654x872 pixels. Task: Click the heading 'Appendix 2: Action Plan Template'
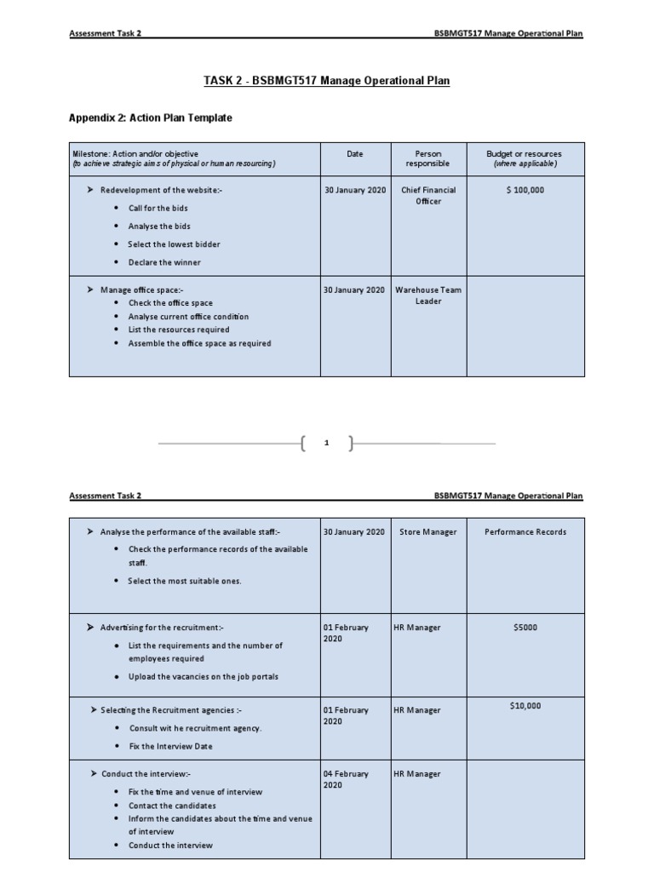click(x=150, y=118)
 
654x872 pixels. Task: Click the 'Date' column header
click(x=354, y=154)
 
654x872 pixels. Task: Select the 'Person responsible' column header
click(x=428, y=158)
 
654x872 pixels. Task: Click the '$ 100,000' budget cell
click(x=525, y=190)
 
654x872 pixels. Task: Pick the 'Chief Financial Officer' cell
click(x=428, y=195)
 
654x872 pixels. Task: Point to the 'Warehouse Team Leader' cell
click(x=428, y=295)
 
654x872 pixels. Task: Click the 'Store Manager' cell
click(x=428, y=532)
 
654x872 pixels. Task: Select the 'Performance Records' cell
click(x=525, y=532)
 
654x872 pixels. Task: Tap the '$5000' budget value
click(x=525, y=628)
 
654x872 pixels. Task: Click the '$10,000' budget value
click(x=525, y=706)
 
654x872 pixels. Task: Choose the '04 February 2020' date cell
click(x=346, y=779)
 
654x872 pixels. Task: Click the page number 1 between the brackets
click(x=327, y=443)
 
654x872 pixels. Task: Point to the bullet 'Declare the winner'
click(x=164, y=262)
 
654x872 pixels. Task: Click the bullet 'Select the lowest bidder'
click(x=174, y=244)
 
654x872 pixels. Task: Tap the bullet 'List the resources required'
click(x=179, y=330)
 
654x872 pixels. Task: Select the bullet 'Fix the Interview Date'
click(x=170, y=746)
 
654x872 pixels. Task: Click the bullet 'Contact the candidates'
click(x=172, y=806)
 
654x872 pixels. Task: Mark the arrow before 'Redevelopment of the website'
click(x=90, y=190)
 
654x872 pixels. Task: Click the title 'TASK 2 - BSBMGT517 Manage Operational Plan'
click(x=327, y=81)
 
